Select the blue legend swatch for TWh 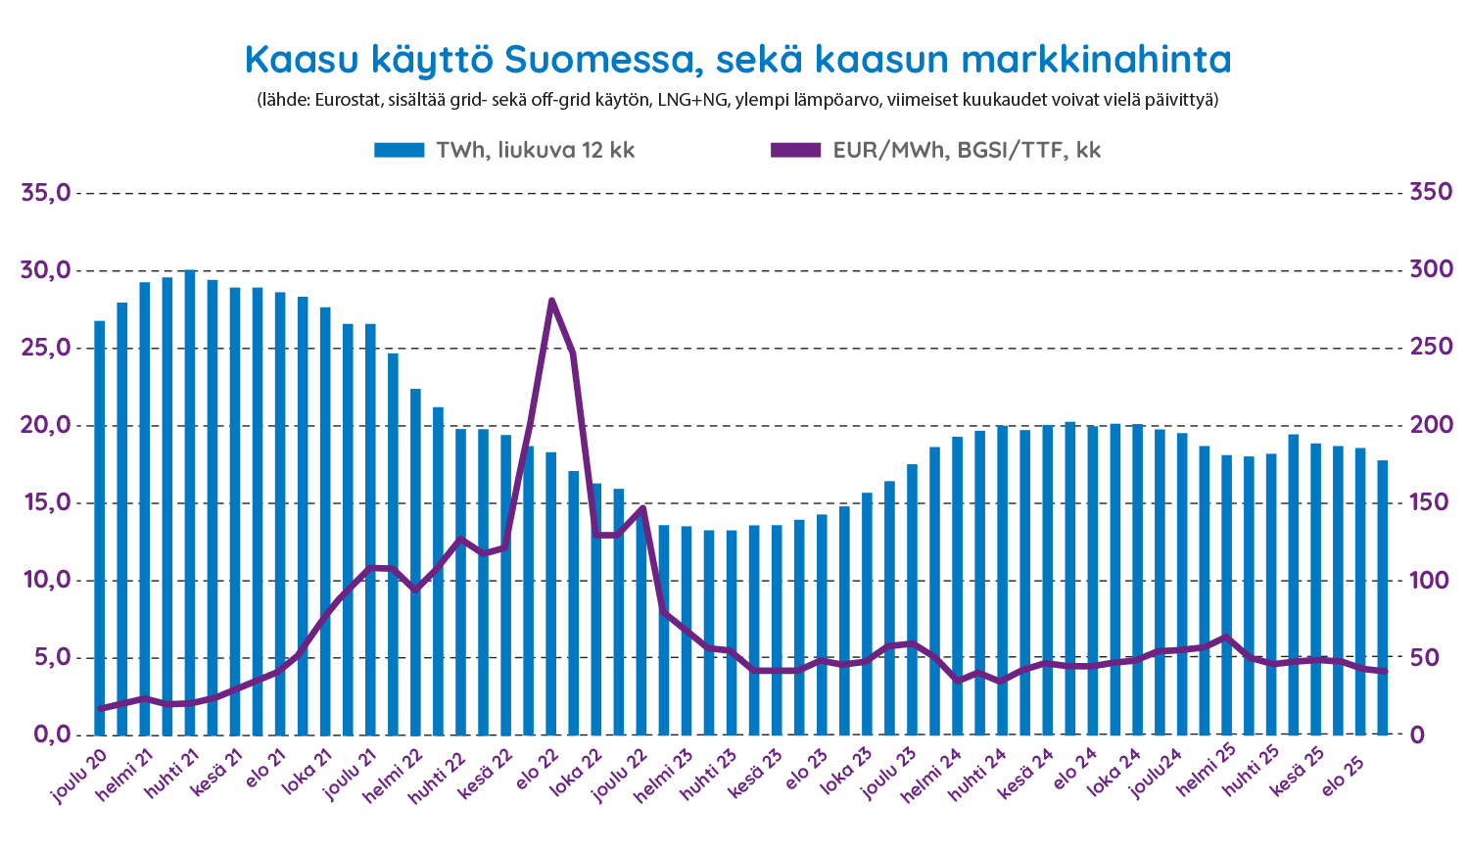[399, 150]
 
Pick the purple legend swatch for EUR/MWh [795, 150]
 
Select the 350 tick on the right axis [1429, 192]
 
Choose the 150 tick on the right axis [1429, 502]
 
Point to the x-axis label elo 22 [539, 769]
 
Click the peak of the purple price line [551, 301]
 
